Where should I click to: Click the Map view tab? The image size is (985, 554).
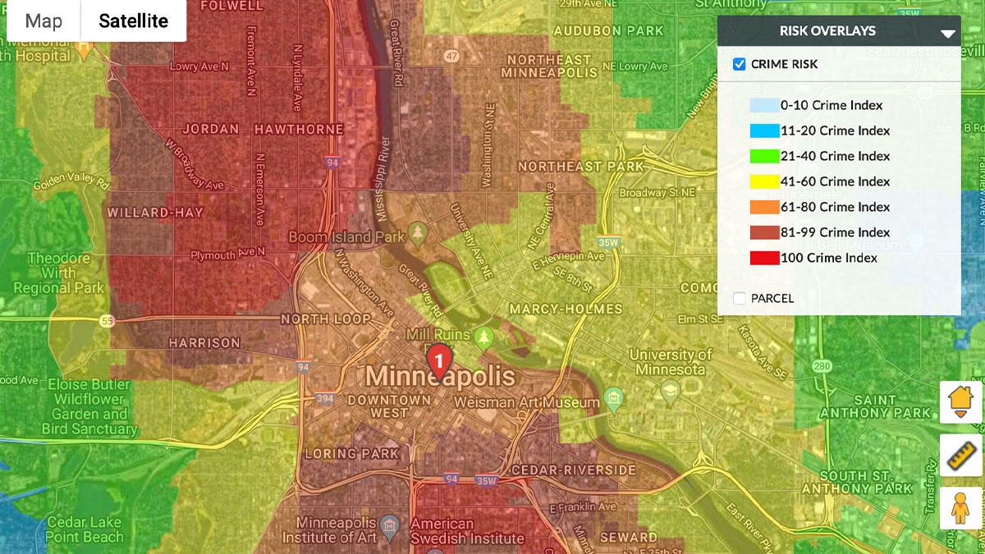(44, 21)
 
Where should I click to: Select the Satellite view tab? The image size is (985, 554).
(133, 21)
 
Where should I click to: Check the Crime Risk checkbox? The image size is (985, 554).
(740, 64)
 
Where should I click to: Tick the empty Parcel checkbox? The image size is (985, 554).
(740, 298)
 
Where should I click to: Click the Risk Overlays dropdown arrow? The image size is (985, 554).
(948, 34)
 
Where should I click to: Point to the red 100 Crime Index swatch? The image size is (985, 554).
(764, 258)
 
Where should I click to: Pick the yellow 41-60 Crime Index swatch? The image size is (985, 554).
(764, 181)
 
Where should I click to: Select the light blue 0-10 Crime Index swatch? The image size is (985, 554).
(764, 105)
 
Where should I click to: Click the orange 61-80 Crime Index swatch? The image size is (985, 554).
(764, 207)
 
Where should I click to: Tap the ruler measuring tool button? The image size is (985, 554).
(961, 455)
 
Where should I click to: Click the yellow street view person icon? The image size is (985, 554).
(961, 508)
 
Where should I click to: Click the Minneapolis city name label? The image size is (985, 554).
(440, 378)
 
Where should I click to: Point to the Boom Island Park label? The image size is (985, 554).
(347, 237)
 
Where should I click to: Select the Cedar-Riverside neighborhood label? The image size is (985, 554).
(573, 470)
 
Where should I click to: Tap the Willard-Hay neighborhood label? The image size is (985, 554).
(155, 213)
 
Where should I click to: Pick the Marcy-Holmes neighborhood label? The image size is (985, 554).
(566, 309)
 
